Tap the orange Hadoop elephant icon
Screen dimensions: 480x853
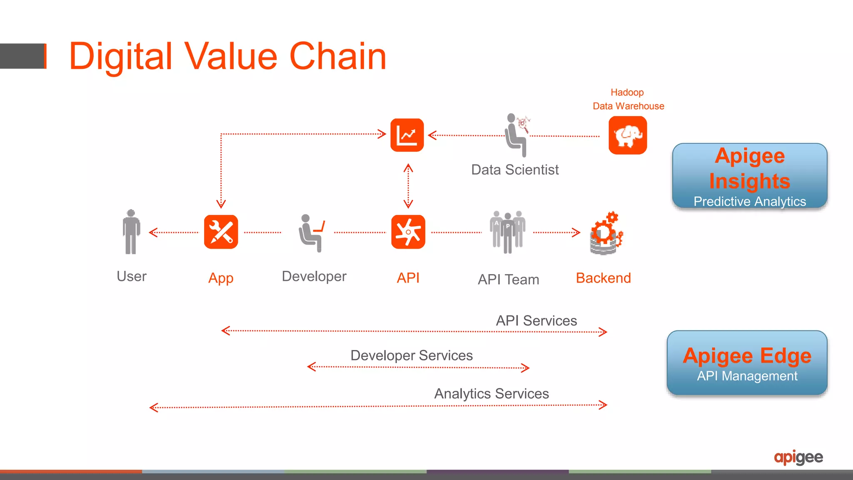coord(627,135)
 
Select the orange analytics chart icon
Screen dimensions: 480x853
coord(407,135)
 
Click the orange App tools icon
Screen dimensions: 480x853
coord(221,232)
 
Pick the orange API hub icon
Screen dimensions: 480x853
coord(408,232)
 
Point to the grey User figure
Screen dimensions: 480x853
coord(131,232)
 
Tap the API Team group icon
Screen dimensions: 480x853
coord(507,232)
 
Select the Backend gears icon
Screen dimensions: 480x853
coord(606,233)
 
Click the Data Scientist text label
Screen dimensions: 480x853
coord(515,170)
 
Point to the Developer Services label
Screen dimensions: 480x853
coord(412,355)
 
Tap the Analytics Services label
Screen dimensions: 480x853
coord(491,394)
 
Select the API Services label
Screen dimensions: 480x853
coord(536,321)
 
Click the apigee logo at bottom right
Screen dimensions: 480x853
coord(798,457)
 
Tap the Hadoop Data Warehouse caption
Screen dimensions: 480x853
coord(628,99)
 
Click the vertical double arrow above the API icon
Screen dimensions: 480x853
coord(408,186)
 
